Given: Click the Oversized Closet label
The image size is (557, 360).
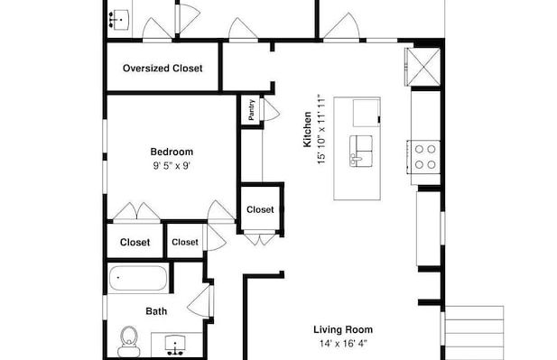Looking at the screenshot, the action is coord(162,69).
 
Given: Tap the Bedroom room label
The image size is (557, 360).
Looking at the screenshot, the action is coord(172,152).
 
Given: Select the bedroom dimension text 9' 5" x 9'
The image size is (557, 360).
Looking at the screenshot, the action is coord(172,166).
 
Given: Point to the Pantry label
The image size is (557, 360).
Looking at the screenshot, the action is coord(252,110).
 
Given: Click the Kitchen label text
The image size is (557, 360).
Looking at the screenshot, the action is coord(307,129).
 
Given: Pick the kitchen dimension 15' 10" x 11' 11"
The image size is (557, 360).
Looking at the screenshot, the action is coord(321,129).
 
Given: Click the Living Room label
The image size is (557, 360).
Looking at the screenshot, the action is coord(343,329).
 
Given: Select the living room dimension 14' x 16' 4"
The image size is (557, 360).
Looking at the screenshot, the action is coord(343,344).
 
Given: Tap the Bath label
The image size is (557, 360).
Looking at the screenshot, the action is coord(156,311).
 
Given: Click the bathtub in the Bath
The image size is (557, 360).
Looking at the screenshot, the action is coord(138,279).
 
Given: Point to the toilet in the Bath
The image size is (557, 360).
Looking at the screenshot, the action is coord(129,342).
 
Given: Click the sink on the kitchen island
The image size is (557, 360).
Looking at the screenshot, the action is coord(361,151).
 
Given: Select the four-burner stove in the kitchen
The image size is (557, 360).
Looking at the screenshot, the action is coord(424,157).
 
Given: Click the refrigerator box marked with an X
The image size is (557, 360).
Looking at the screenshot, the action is coord(423,67).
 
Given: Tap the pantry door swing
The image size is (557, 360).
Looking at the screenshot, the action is coord(270,109).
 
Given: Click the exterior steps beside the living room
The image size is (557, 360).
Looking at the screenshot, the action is coord(474,332).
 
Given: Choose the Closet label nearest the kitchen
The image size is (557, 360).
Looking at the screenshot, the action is coord(260,210).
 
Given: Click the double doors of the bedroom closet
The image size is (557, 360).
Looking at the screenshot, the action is coord(136,212).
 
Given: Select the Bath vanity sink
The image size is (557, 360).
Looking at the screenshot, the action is coord(176,346).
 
